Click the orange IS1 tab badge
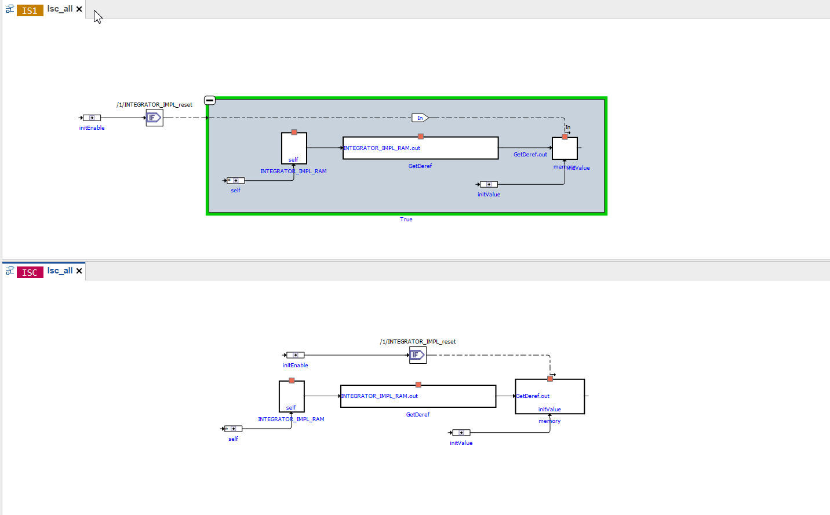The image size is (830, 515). (30, 10)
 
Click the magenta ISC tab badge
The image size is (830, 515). (30, 272)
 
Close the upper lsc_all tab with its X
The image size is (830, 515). (79, 9)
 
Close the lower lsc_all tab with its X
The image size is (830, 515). (79, 271)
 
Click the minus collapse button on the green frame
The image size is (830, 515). (210, 100)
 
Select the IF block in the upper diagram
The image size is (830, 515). (154, 118)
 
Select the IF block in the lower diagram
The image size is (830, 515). (417, 355)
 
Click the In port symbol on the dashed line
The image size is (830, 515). (420, 118)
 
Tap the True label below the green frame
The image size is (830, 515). (406, 220)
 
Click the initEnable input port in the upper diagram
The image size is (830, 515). (92, 118)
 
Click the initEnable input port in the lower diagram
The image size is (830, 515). (296, 355)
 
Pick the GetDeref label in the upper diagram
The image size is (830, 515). (420, 166)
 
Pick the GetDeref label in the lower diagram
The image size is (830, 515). (418, 415)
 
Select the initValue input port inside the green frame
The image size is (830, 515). (489, 184)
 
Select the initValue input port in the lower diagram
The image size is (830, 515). (461, 433)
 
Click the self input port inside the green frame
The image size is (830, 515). (236, 181)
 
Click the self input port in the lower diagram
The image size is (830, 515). (234, 429)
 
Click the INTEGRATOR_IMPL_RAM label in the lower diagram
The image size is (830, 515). (291, 419)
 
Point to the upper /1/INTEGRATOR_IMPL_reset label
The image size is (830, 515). (155, 105)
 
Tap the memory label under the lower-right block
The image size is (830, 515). (549, 421)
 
